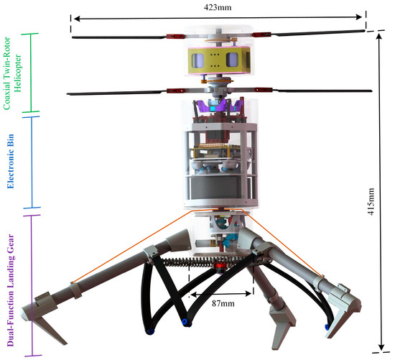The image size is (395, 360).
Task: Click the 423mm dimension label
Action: (218, 7)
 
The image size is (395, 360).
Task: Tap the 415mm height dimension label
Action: (371, 201)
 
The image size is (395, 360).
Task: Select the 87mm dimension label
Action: (223, 303)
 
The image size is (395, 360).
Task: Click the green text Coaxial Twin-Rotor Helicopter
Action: (13, 73)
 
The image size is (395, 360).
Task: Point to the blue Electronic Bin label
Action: (10, 162)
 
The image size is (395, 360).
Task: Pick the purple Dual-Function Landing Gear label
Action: (11, 290)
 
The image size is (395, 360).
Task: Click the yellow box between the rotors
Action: (219, 60)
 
